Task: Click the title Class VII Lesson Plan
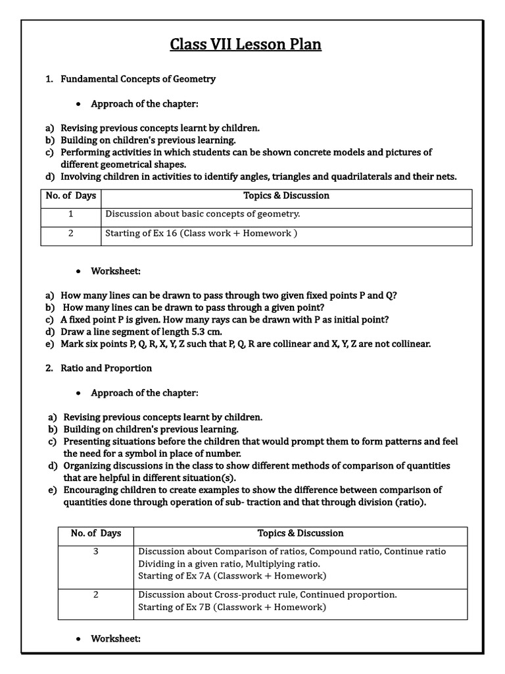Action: [x=246, y=45]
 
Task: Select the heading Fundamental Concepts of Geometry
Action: [x=138, y=79]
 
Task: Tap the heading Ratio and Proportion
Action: [x=106, y=368]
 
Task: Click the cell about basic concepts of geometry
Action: [x=203, y=214]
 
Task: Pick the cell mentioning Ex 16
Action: [x=201, y=234]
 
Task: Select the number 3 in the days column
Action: [x=95, y=552]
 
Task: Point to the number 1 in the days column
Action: [x=70, y=214]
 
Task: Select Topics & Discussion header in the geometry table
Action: [x=286, y=195]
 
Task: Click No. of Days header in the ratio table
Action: [x=96, y=533]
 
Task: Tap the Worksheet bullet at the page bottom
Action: [x=116, y=638]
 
